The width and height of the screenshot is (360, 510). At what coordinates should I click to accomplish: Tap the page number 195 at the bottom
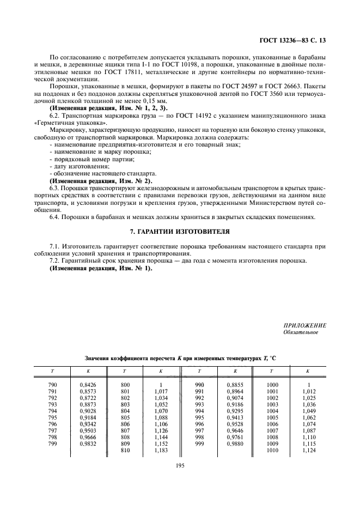click(x=180, y=464)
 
